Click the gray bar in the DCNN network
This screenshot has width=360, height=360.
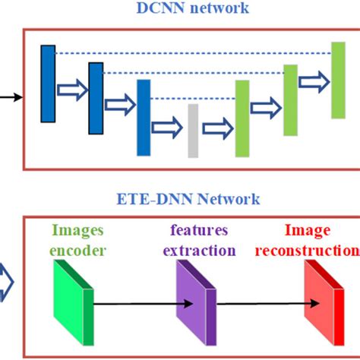pos(192,130)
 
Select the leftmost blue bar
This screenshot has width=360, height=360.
pos(48,84)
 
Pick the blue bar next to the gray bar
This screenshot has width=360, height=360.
pos(144,118)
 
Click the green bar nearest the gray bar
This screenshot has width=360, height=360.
pos(242,118)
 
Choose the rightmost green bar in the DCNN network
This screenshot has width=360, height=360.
pos(338,81)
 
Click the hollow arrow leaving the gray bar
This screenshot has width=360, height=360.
pos(217,126)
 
